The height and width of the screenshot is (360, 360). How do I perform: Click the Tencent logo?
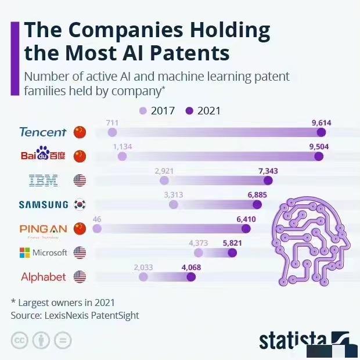(43, 132)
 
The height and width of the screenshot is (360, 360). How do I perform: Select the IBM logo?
(44, 181)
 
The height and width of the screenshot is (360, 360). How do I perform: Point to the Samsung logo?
(43, 204)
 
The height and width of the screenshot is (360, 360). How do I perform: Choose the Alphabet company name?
(44, 277)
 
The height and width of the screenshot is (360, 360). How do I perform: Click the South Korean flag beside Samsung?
(80, 204)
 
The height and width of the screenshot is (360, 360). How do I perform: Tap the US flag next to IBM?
(80, 181)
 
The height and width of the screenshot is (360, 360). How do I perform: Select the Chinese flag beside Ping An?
(80, 229)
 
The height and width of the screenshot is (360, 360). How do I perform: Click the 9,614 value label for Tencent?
(322, 123)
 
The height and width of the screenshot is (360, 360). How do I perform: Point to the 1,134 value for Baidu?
(123, 146)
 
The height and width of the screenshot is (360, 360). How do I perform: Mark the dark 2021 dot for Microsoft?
(232, 253)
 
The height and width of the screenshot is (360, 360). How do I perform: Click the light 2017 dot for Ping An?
(97, 229)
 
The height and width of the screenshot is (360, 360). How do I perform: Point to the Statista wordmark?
(292, 341)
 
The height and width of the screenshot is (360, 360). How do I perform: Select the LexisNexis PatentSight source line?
(75, 315)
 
